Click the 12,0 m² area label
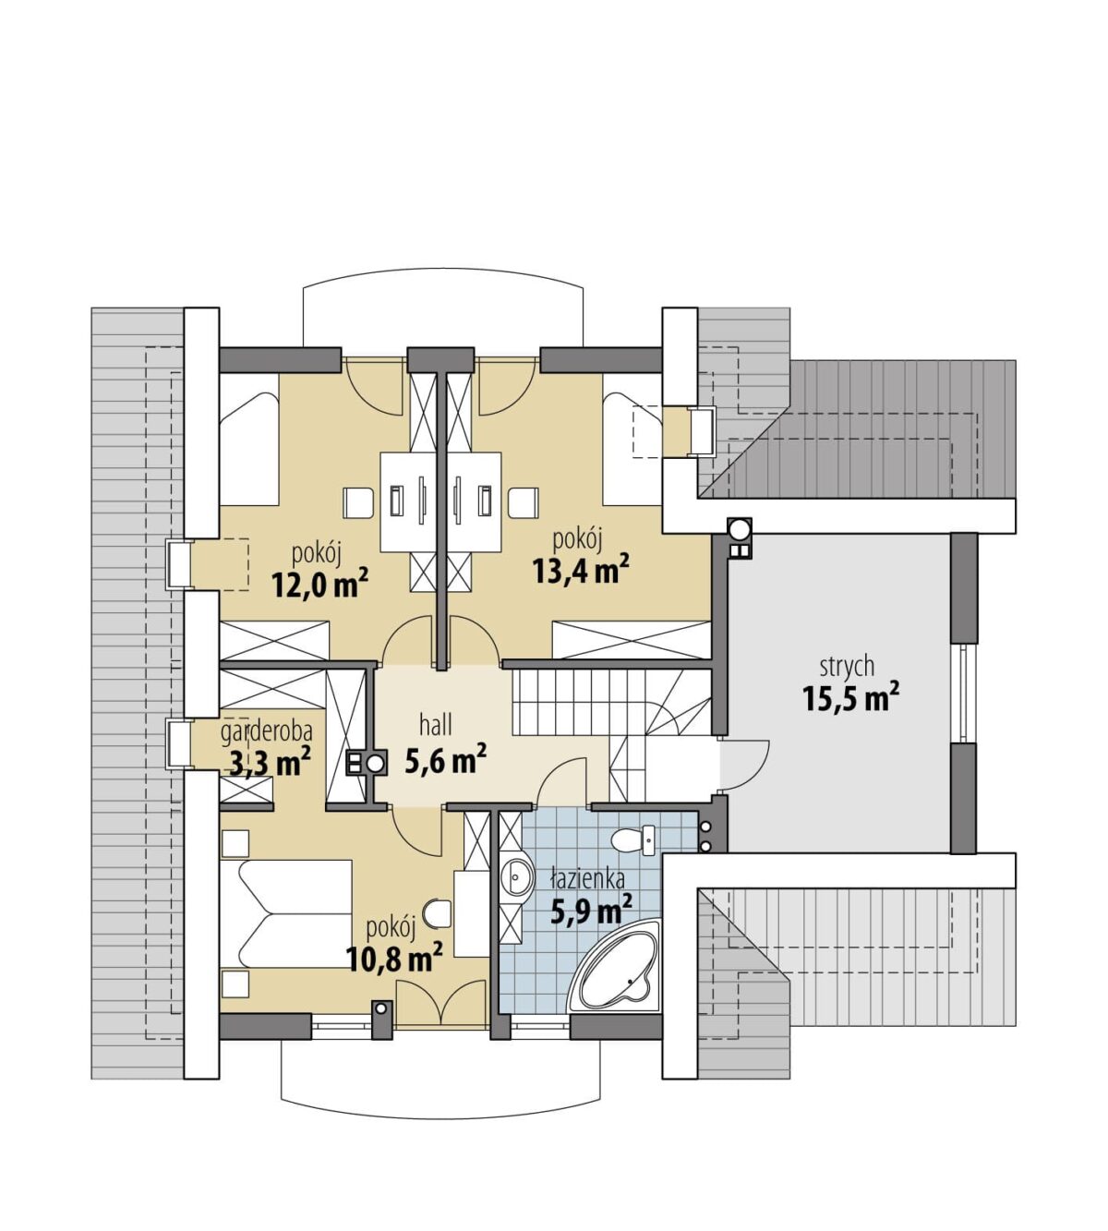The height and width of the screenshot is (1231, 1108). pos(319,585)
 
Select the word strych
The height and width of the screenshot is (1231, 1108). pos(847,667)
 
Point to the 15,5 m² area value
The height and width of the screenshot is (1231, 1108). pos(851,698)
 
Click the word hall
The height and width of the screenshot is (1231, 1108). pos(437,725)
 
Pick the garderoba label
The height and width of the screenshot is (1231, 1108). pos(267,730)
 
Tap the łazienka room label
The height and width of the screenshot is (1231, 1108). pos(588,879)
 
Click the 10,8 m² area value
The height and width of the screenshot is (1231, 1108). pos(394,959)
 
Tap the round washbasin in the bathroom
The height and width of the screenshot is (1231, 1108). pos(515,878)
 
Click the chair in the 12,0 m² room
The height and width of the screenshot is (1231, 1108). pos(357,502)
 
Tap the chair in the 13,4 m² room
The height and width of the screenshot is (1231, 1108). pos(524,502)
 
